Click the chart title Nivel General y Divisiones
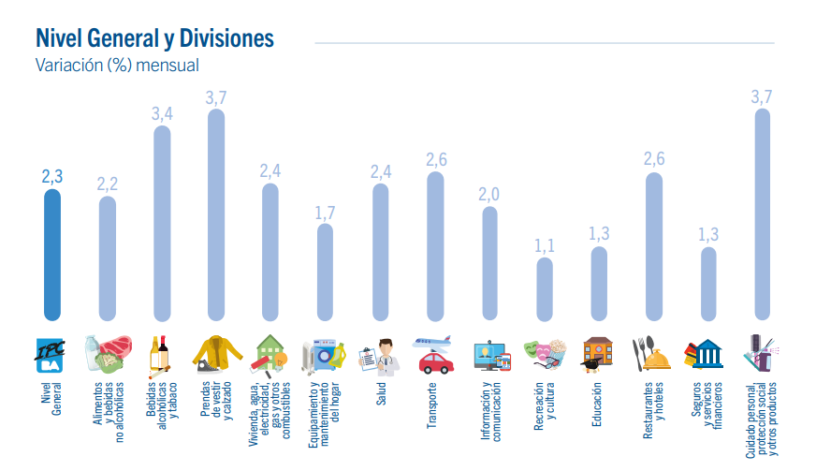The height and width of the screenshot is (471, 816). coord(154,38)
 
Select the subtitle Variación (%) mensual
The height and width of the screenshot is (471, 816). coord(117,66)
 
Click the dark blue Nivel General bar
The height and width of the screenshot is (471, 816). coord(52,255)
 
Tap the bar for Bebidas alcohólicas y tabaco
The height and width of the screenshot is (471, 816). coord(162,224)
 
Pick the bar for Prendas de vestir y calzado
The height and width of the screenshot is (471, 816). coord(216,215)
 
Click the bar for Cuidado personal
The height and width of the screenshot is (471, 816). coord(762,215)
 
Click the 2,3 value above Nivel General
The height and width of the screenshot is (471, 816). coord(52,176)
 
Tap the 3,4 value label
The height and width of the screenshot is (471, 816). coord(162,113)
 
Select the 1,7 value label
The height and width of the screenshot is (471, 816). coord(325,212)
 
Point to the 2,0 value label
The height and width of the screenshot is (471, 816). coord(489,194)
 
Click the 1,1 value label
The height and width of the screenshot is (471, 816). coord(544,245)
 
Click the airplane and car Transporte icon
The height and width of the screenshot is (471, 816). coord(434,353)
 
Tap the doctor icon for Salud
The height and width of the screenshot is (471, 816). coord(379,355)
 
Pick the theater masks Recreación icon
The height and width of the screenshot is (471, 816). coord(544,354)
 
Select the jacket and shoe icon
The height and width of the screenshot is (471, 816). coord(216,354)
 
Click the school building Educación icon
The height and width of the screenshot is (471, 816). coord(598,354)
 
